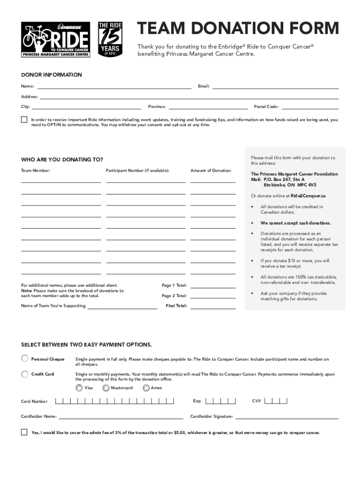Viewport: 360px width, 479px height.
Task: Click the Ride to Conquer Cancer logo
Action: (55, 39)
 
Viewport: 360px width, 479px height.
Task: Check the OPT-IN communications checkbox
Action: (24, 120)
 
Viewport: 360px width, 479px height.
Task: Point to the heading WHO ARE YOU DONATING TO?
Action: (62, 160)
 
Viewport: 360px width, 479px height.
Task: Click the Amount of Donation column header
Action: (211, 171)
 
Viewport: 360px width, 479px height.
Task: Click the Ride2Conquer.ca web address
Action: (309, 196)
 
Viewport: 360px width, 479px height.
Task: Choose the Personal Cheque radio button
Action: (25, 359)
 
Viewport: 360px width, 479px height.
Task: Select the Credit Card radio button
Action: (25, 374)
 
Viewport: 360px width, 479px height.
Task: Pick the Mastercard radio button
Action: (106, 388)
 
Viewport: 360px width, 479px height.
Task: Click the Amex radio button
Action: (146, 388)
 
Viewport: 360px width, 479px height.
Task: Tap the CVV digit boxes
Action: (276, 401)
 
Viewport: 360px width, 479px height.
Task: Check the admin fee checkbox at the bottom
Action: (24, 432)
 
